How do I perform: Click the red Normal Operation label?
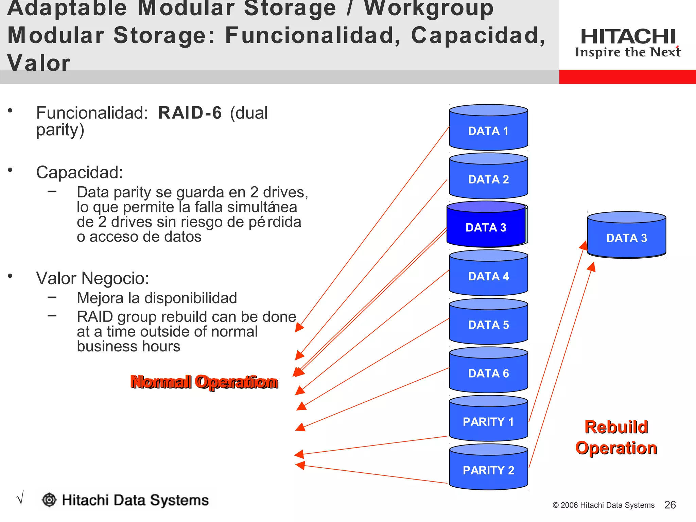204,382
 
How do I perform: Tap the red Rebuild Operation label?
616,437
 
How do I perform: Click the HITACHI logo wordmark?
628,37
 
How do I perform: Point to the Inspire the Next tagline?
627,52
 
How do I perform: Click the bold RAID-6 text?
190,113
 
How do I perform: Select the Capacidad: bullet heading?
80,172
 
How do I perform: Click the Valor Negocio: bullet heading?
92,278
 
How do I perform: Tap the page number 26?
670,505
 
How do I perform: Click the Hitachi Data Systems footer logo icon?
49,500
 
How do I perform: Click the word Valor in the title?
39,63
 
